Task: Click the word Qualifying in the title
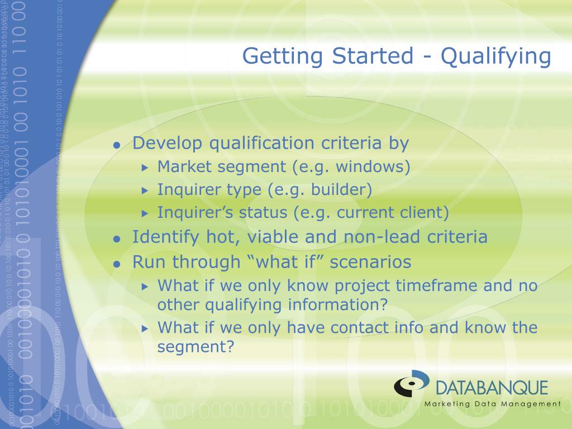(496, 57)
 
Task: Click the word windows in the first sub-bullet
(370, 166)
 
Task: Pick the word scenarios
(371, 262)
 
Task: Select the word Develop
(167, 144)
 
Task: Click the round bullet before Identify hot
(117, 239)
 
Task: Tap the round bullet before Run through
(117, 264)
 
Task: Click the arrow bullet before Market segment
(145, 168)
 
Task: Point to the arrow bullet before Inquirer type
(145, 190)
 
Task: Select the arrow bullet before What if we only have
(145, 328)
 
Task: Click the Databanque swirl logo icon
(412, 383)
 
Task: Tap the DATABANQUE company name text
(492, 388)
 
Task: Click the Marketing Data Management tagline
(493, 404)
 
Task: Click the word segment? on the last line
(196, 346)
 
